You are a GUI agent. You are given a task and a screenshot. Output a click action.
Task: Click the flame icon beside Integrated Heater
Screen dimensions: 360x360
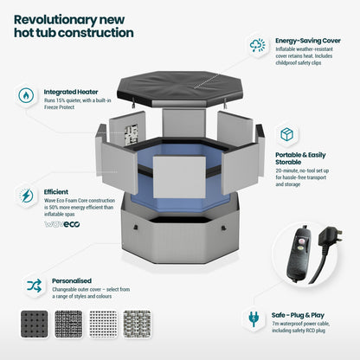(26, 95)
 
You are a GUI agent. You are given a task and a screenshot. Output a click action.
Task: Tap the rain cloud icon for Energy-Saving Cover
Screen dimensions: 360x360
(257, 45)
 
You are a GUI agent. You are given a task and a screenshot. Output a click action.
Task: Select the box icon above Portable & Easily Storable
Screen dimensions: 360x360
(286, 134)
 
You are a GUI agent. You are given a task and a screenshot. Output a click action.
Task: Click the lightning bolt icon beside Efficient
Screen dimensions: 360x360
(26, 196)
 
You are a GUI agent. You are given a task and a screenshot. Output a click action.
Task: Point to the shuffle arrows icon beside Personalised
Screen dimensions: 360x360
(35, 286)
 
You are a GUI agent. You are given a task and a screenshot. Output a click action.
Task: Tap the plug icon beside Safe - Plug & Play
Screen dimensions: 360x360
(254, 318)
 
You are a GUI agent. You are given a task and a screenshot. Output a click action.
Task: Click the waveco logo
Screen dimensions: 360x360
(62, 224)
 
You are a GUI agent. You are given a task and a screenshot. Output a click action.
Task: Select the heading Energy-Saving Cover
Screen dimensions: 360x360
(308, 41)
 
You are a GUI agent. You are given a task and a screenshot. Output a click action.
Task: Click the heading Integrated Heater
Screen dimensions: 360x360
(71, 92)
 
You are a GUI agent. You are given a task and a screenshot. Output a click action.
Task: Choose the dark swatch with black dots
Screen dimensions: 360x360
(35, 325)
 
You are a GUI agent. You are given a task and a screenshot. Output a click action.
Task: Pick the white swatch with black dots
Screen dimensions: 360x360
(103, 325)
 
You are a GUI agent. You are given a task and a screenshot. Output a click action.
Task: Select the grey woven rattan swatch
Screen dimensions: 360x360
(138, 325)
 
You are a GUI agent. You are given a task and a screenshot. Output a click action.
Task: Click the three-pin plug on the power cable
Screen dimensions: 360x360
(330, 236)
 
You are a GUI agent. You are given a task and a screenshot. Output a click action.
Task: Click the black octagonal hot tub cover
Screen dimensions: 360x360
(179, 88)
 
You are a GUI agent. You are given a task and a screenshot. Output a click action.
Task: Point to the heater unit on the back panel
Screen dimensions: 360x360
(132, 134)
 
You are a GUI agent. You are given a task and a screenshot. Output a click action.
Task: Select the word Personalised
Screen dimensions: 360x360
(72, 280)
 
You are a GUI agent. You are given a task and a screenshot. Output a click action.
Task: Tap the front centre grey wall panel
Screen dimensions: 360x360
(179, 177)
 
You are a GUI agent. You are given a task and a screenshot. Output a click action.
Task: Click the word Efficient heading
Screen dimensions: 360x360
(56, 192)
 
